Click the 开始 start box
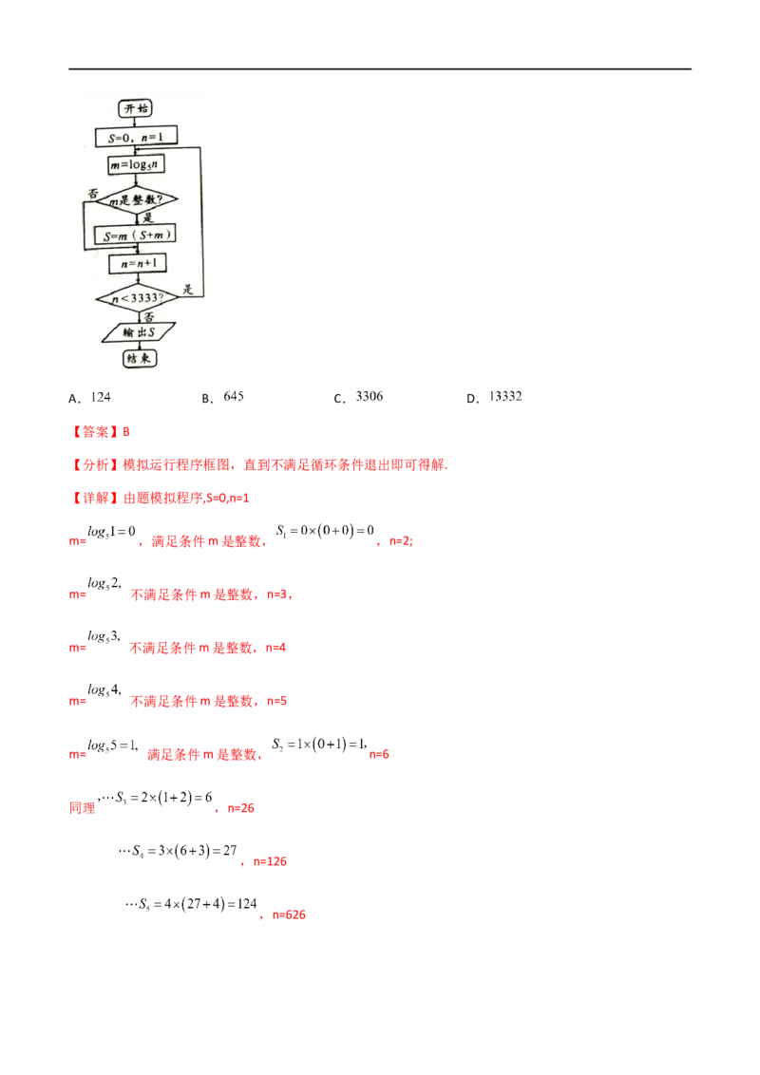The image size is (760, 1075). click(x=138, y=108)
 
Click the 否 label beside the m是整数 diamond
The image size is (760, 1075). click(x=93, y=193)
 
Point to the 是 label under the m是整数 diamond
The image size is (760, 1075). click(x=148, y=217)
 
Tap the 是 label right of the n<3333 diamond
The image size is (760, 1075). click(x=188, y=290)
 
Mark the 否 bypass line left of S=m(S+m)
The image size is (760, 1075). click(x=85, y=223)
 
